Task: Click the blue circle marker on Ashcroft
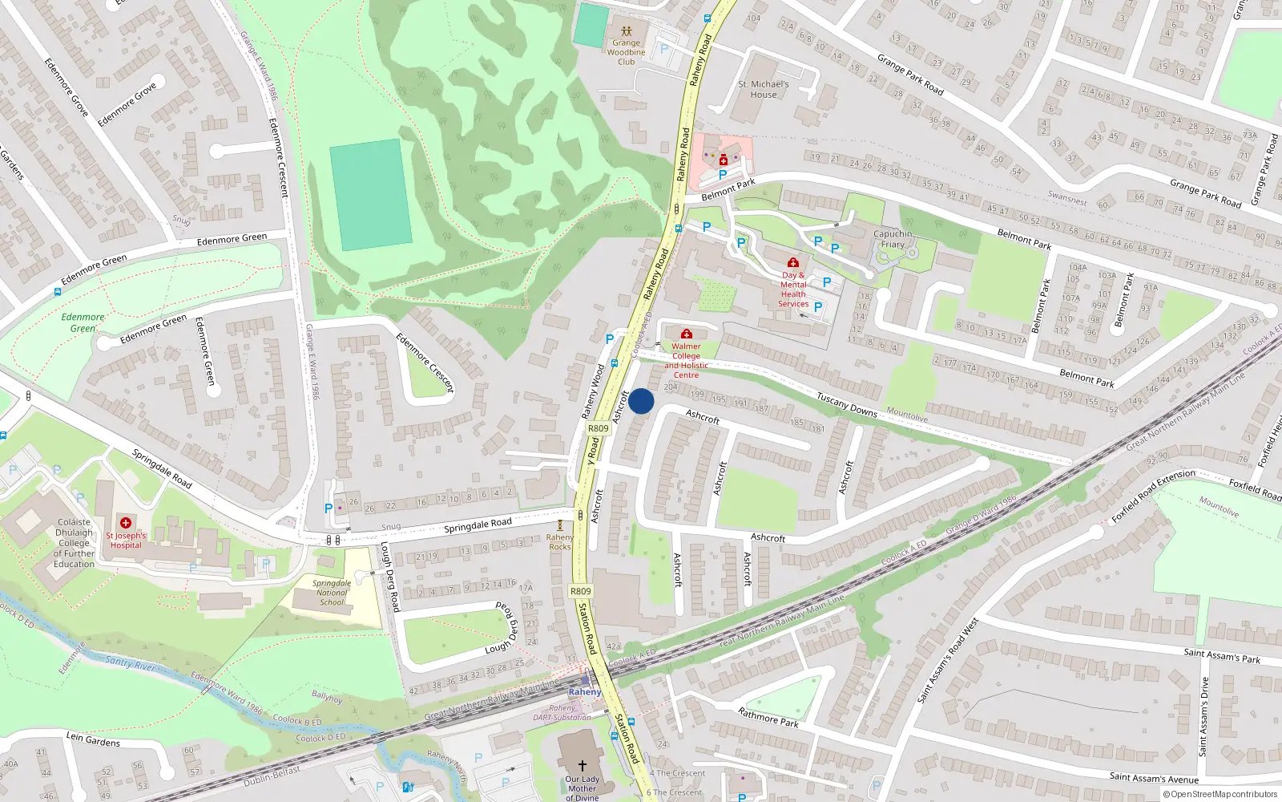641,401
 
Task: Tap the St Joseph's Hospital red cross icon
126,523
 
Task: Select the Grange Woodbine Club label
626,52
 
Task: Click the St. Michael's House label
764,89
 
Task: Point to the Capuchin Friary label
893,239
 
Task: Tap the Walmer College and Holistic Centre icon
686,334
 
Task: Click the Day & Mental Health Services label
793,289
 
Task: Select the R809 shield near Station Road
581,591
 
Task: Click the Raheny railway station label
584,691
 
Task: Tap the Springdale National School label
332,593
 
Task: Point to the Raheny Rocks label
559,542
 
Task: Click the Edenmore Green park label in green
83,322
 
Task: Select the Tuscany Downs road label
846,404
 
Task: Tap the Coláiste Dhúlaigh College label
75,543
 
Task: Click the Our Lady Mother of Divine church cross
583,765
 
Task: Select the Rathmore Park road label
768,717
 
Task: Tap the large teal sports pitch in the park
371,195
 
